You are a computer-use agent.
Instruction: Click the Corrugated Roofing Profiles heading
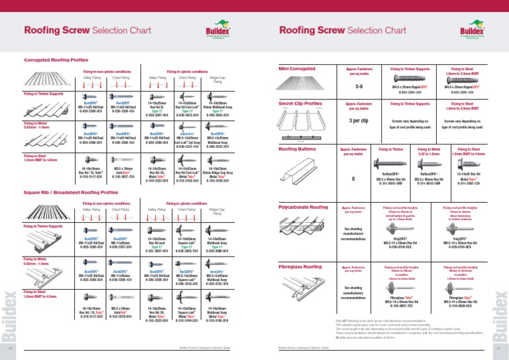(x=56, y=60)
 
